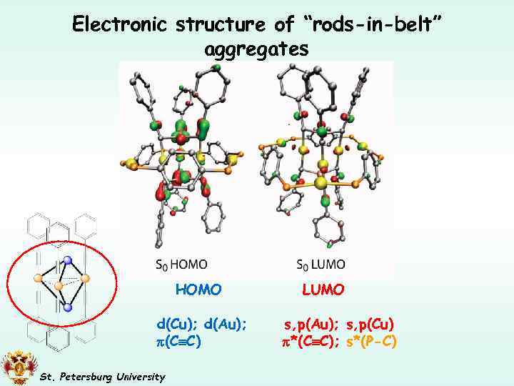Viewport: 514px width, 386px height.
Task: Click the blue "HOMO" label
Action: (x=198, y=289)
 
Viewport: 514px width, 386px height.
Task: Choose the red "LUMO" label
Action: (x=323, y=289)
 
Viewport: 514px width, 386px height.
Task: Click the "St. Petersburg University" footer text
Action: (x=102, y=377)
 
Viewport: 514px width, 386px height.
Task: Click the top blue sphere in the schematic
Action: (x=67, y=260)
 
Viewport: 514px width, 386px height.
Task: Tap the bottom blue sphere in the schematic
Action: (x=67, y=307)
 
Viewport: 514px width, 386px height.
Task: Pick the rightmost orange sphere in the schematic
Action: (x=85, y=278)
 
